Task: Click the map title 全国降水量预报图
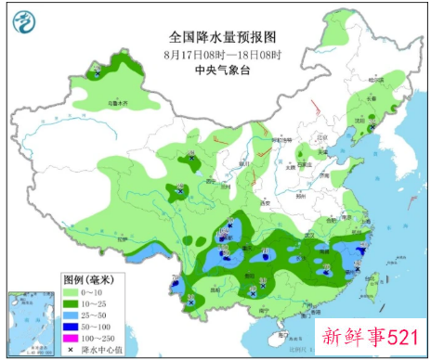(x=223, y=37)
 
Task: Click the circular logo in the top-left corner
(x=26, y=22)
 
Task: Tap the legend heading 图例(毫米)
(x=88, y=279)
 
